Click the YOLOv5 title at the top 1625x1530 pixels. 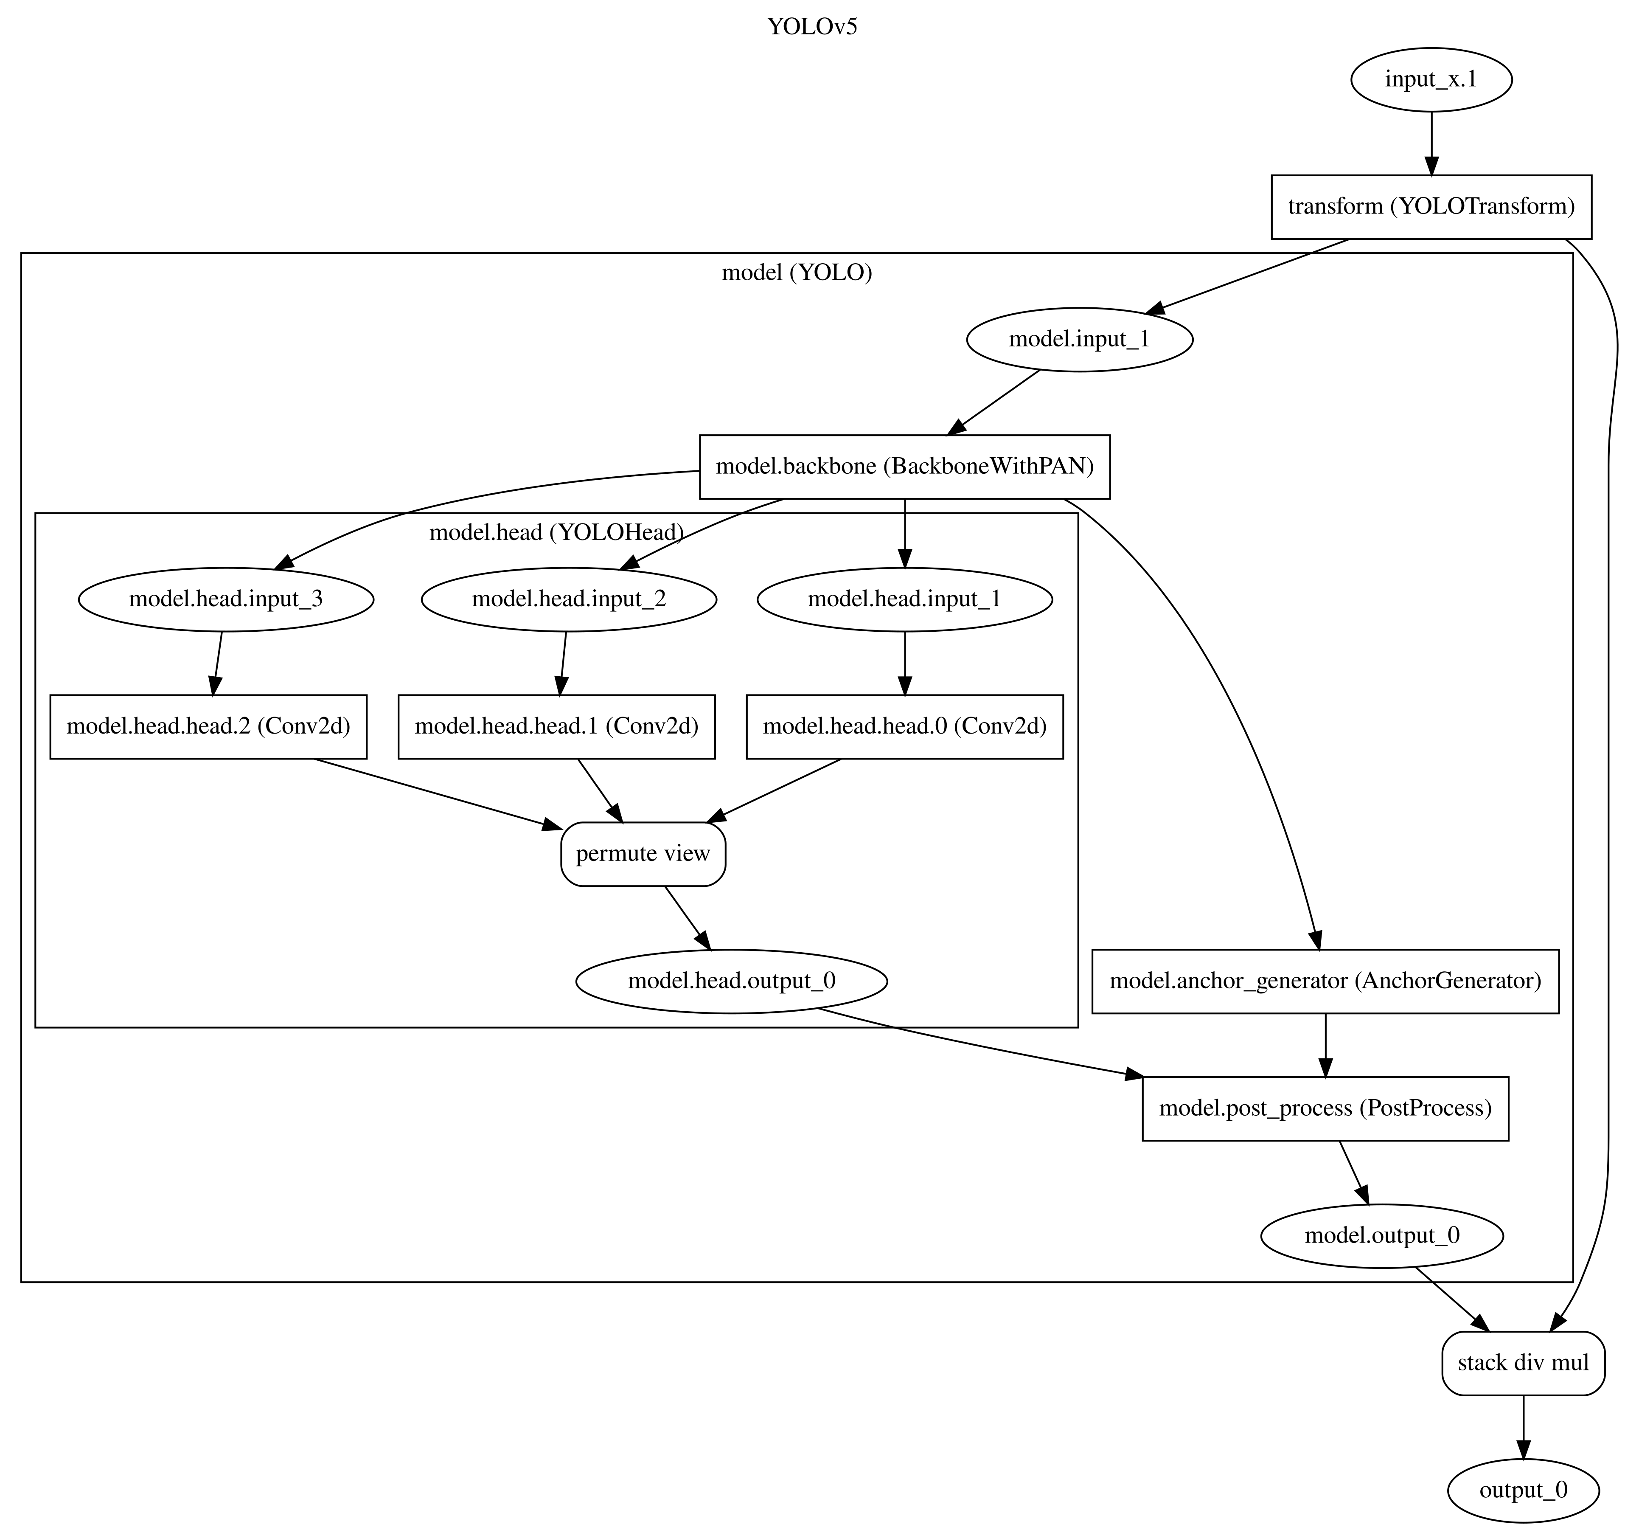pyautogui.click(x=812, y=27)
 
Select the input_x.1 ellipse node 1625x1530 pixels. pyautogui.click(x=1431, y=79)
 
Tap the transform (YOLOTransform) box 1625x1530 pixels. pyautogui.click(x=1431, y=206)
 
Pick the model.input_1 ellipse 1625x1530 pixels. pyautogui.click(x=1079, y=338)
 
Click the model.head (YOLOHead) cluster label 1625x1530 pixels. pyautogui.click(x=556, y=532)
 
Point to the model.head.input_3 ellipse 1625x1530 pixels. pyautogui.click(x=226, y=599)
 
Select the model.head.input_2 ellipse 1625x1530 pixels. pyautogui.click(x=569, y=599)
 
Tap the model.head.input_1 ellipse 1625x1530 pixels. pyautogui.click(x=904, y=599)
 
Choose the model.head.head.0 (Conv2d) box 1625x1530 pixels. pyautogui.click(x=904, y=726)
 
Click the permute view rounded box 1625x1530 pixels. pyautogui.click(x=643, y=854)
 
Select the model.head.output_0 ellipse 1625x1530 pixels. pyautogui.click(x=732, y=981)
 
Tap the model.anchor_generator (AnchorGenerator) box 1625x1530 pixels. pyautogui.click(x=1325, y=981)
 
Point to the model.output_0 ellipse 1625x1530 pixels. pyautogui.click(x=1381, y=1236)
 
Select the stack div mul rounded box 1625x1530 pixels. pyautogui.click(x=1523, y=1363)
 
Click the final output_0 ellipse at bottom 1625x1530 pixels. pyautogui.click(x=1523, y=1490)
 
